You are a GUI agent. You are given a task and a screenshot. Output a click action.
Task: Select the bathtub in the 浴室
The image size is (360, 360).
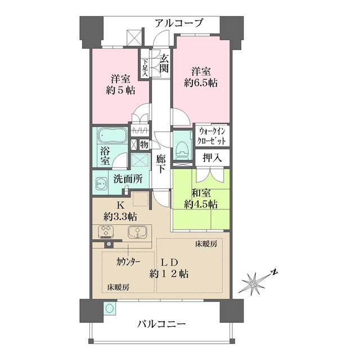[111, 137]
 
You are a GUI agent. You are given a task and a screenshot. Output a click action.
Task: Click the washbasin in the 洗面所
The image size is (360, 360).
[102, 183]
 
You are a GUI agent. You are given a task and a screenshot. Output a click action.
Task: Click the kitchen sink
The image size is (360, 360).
[137, 231]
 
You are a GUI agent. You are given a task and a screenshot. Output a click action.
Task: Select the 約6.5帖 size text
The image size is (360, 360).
[201, 83]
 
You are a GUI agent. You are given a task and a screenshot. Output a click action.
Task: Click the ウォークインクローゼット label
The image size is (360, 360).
[211, 137]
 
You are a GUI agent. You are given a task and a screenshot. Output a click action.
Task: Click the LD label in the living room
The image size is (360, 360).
[170, 262]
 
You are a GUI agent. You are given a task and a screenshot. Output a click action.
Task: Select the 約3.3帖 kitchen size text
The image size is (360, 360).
[120, 215]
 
